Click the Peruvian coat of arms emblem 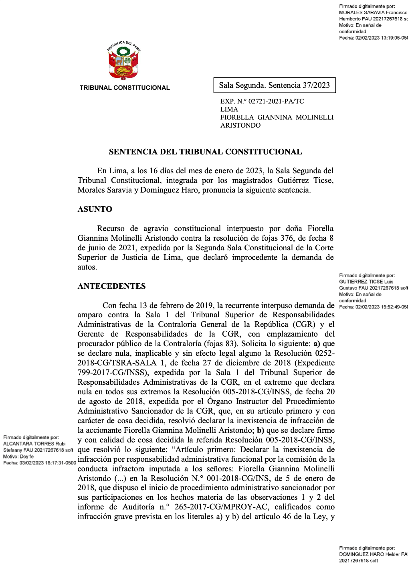[123, 63]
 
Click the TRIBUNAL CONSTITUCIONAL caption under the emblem [125, 88]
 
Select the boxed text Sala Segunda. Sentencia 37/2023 [274, 85]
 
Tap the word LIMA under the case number [229, 110]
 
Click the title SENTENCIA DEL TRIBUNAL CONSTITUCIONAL [205, 152]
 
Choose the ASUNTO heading [95, 209]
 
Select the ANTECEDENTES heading [112, 286]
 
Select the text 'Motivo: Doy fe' [18, 456]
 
